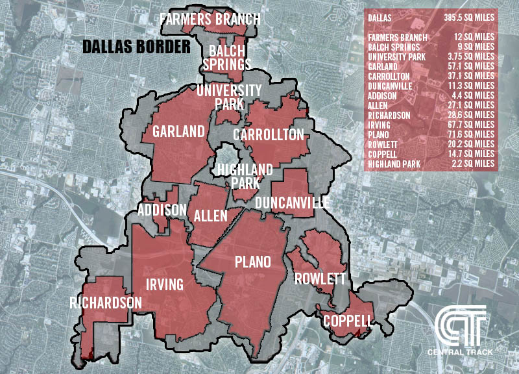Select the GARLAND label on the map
[178, 132]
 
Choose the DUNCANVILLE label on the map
[292, 203]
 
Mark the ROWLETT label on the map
[315, 279]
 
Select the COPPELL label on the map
[348, 321]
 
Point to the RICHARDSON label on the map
[106, 303]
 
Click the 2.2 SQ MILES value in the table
[474, 163]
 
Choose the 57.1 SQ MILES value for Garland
[472, 66]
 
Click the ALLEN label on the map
[211, 215]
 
